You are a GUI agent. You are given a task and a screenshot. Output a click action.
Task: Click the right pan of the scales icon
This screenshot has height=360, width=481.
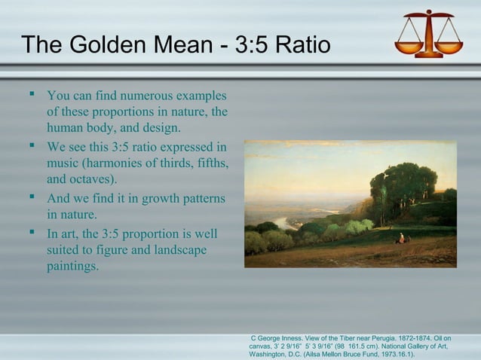pyautogui.click(x=449, y=46)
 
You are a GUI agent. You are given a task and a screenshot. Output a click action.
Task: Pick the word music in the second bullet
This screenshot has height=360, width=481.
pyautogui.click(x=66, y=163)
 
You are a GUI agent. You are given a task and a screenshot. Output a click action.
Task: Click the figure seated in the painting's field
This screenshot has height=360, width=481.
pyautogui.click(x=400, y=239)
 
